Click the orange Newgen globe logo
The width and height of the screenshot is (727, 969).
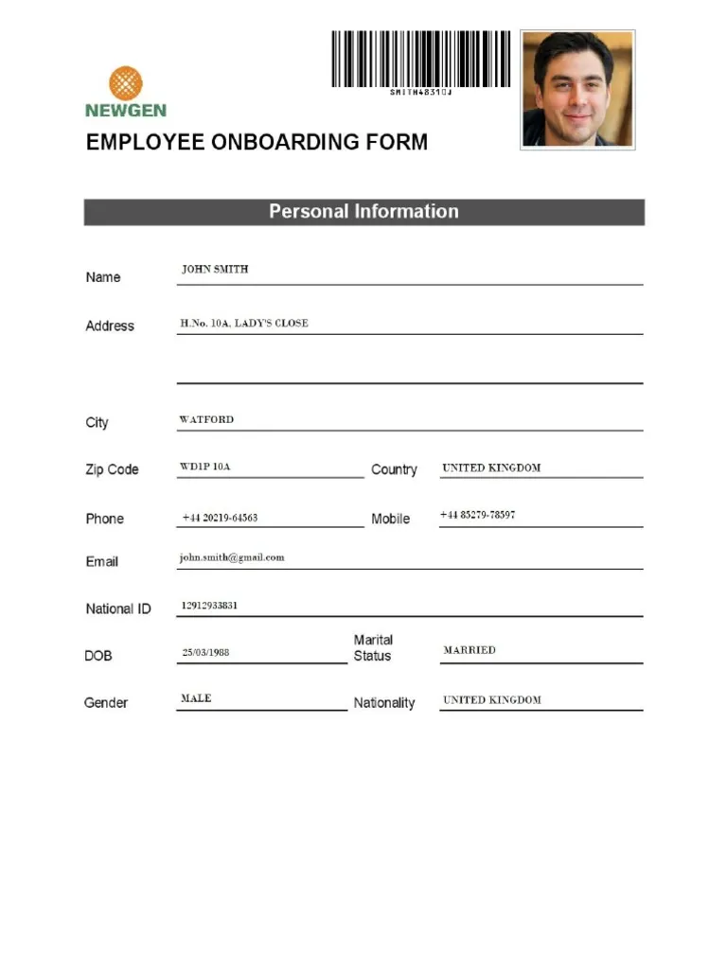click(x=125, y=83)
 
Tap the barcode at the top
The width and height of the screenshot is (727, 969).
click(x=420, y=60)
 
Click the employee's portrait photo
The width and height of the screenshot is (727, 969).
click(x=577, y=89)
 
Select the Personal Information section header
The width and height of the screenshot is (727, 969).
click(x=363, y=212)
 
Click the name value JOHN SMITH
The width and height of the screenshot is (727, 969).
click(x=215, y=270)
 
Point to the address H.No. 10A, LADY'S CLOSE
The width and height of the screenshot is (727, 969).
click(x=244, y=324)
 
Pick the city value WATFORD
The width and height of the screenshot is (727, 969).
click(x=206, y=420)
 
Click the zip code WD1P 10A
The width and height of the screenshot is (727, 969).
click(x=204, y=467)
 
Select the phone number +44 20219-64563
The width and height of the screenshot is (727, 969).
click(x=220, y=519)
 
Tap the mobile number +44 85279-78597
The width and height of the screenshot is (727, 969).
click(x=477, y=516)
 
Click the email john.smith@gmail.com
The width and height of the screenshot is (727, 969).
click(x=232, y=558)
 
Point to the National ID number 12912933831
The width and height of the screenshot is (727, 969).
click(x=209, y=606)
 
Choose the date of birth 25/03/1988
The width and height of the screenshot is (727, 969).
click(x=205, y=653)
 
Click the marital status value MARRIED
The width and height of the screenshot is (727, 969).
click(x=470, y=651)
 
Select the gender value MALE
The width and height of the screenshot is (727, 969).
click(x=196, y=698)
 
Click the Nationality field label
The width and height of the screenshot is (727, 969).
click(x=384, y=703)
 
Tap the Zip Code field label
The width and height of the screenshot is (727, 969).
click(x=112, y=470)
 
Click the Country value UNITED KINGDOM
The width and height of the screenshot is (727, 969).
click(x=491, y=468)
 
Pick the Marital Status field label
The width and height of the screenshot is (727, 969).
click(x=373, y=648)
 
